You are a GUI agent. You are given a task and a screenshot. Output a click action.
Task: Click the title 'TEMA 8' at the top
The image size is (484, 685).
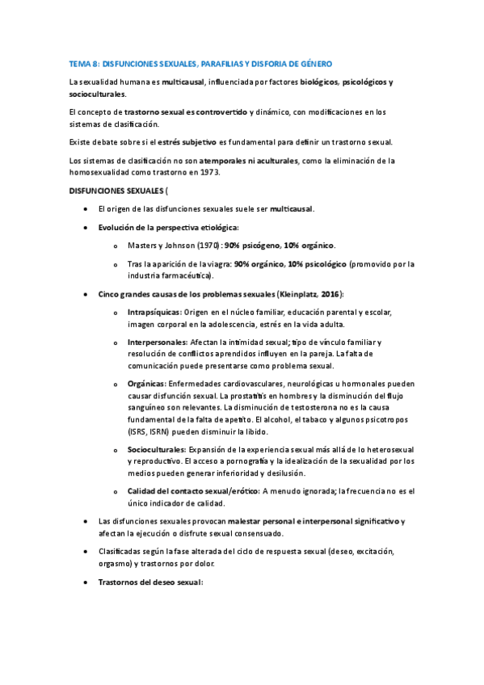(x=83, y=63)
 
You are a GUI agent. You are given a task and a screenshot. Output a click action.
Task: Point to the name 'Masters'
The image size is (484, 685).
(x=142, y=245)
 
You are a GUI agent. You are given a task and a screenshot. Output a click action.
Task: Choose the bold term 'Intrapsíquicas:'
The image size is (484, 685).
(x=154, y=312)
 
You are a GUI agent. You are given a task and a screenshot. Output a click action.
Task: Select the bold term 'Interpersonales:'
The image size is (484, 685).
(x=158, y=342)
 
